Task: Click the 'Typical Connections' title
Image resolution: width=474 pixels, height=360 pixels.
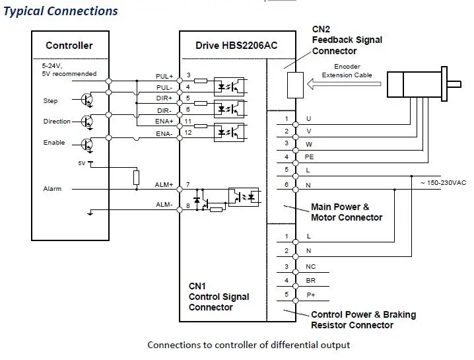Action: [x=61, y=11]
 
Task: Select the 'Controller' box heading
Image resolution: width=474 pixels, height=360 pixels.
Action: [x=69, y=46]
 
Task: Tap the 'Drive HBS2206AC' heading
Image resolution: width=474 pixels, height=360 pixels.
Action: [x=236, y=46]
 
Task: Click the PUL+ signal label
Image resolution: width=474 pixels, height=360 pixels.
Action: [x=164, y=76]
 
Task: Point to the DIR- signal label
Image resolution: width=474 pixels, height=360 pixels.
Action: [x=164, y=110]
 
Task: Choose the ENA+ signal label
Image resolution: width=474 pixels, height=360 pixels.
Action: [x=164, y=122]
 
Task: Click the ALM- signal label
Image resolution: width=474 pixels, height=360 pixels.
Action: [x=164, y=205]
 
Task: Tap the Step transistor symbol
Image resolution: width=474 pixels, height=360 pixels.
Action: [x=87, y=99]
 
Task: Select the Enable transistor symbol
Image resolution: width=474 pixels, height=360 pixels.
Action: [x=87, y=145]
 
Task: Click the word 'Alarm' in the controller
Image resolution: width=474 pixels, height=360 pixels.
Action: [x=52, y=189]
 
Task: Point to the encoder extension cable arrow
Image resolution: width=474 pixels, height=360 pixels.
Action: [x=344, y=84]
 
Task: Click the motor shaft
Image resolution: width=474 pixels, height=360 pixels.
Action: [x=454, y=84]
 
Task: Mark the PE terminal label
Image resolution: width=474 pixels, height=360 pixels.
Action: [x=309, y=157]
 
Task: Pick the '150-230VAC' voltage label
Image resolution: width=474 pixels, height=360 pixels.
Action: [x=444, y=183]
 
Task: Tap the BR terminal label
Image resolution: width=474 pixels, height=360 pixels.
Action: [x=310, y=281]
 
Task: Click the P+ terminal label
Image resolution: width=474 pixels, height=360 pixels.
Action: [x=311, y=295]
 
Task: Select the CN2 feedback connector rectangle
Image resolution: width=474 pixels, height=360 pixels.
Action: [x=295, y=85]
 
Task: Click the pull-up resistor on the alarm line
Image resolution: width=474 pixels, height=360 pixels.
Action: [x=137, y=178]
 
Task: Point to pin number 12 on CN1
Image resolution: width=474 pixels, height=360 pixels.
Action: [x=188, y=133]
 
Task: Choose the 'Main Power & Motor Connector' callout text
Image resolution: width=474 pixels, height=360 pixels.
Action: [x=347, y=212]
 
